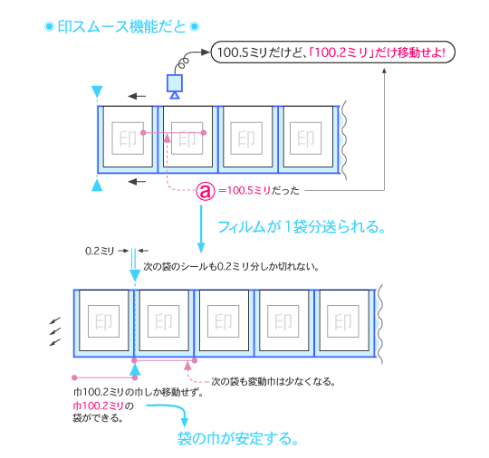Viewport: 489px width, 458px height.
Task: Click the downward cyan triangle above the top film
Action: (x=98, y=91)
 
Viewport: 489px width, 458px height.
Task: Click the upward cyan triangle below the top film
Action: (x=98, y=185)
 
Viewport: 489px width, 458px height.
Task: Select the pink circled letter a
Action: (x=206, y=191)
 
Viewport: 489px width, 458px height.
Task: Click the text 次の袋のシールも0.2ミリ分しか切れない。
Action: (x=233, y=268)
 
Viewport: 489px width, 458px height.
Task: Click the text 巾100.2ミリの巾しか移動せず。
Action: (x=137, y=393)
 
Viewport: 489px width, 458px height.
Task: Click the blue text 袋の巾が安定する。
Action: (x=237, y=439)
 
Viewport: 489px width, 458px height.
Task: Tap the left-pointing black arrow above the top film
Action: (x=137, y=95)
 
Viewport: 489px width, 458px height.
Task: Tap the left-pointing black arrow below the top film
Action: (x=137, y=182)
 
